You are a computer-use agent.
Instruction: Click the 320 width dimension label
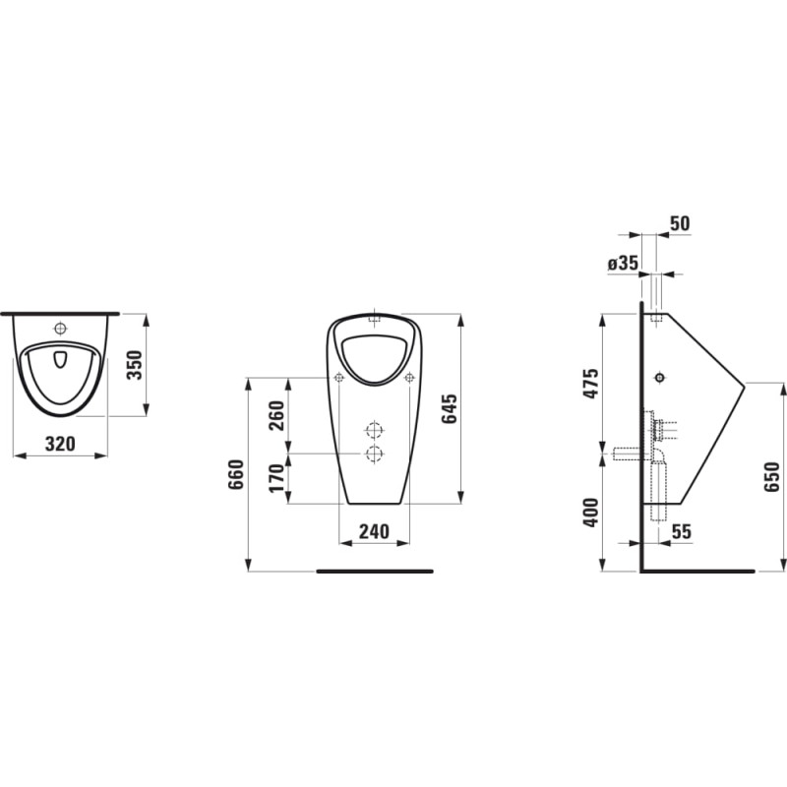click(x=60, y=444)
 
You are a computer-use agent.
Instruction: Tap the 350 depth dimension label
click(x=134, y=365)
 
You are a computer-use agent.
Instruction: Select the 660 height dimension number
click(x=236, y=474)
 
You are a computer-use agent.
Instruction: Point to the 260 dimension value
click(x=276, y=415)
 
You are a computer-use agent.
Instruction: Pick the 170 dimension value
click(x=276, y=478)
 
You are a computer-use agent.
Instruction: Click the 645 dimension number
click(x=450, y=408)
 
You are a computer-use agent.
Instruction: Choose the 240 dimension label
click(x=374, y=531)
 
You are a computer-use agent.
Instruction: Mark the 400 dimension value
click(x=592, y=513)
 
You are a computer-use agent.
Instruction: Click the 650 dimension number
click(x=772, y=477)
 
